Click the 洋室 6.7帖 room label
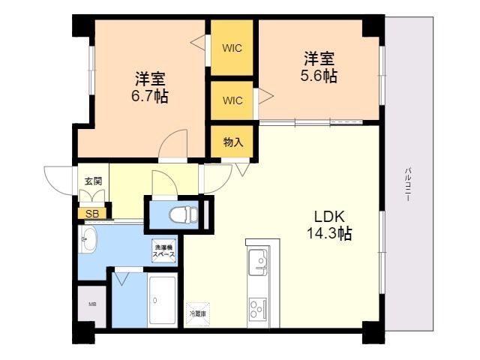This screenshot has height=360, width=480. click(x=151, y=87)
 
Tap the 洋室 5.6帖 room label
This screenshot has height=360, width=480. click(x=319, y=67)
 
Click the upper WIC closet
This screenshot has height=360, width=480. click(x=231, y=48)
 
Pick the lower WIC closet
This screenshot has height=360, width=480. click(x=231, y=100)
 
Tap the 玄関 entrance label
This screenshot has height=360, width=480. click(x=93, y=181)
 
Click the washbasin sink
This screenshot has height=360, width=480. click(x=88, y=243)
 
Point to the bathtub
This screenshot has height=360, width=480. click(x=163, y=301)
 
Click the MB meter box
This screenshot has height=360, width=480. click(x=92, y=304)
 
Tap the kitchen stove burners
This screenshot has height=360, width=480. click(x=258, y=307)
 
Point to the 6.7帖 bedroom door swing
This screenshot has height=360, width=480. click(x=173, y=145)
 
